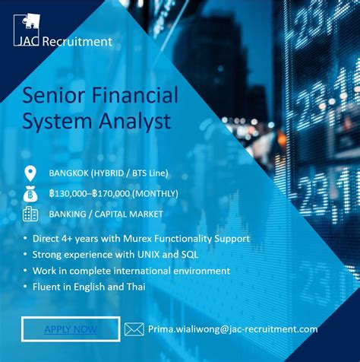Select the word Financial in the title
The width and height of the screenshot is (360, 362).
(132, 96)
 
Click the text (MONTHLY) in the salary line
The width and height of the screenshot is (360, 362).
(156, 193)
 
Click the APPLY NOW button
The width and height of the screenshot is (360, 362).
(71, 329)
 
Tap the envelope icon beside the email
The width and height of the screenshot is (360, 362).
(134, 329)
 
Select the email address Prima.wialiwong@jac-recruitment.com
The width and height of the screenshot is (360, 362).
(232, 329)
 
